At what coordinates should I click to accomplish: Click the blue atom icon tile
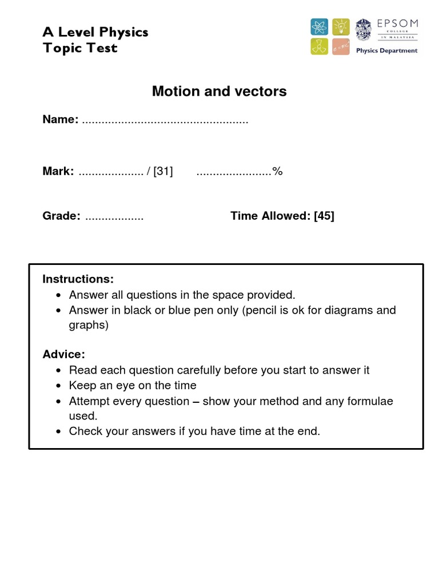pos(320,27)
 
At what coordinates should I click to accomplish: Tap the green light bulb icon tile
pos(341,27)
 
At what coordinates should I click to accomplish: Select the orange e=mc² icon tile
pos(341,47)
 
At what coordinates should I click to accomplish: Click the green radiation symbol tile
pos(320,47)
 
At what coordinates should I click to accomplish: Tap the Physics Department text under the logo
pos(386,50)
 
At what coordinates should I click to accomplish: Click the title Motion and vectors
pos(219,91)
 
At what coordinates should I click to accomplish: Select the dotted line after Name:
pos(165,120)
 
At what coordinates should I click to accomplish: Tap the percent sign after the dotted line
pos(278,171)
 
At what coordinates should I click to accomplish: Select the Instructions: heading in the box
pos(78,279)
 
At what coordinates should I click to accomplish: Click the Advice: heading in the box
pos(63,354)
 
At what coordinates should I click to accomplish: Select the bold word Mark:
pos(58,171)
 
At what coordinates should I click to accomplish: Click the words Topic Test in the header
pos(80,48)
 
